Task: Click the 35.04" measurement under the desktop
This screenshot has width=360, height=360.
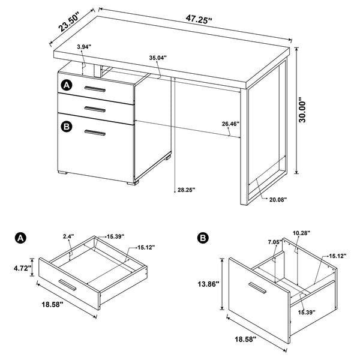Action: (158, 58)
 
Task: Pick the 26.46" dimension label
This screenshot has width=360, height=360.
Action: (230, 124)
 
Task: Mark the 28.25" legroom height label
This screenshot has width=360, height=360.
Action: (185, 190)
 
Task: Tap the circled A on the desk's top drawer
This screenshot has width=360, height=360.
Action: (67, 86)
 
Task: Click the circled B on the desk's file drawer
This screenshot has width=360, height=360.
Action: (67, 126)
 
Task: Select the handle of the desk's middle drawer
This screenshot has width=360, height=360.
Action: (95, 109)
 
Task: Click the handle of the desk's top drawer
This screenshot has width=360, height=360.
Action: (95, 89)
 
